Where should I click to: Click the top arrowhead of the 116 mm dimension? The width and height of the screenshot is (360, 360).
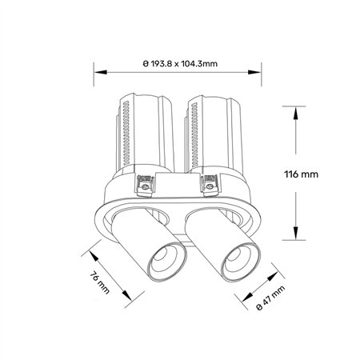tap(296, 111)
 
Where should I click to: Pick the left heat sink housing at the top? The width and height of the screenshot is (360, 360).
tap(146, 132)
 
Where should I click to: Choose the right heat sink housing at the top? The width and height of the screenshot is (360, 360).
tap(213, 132)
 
